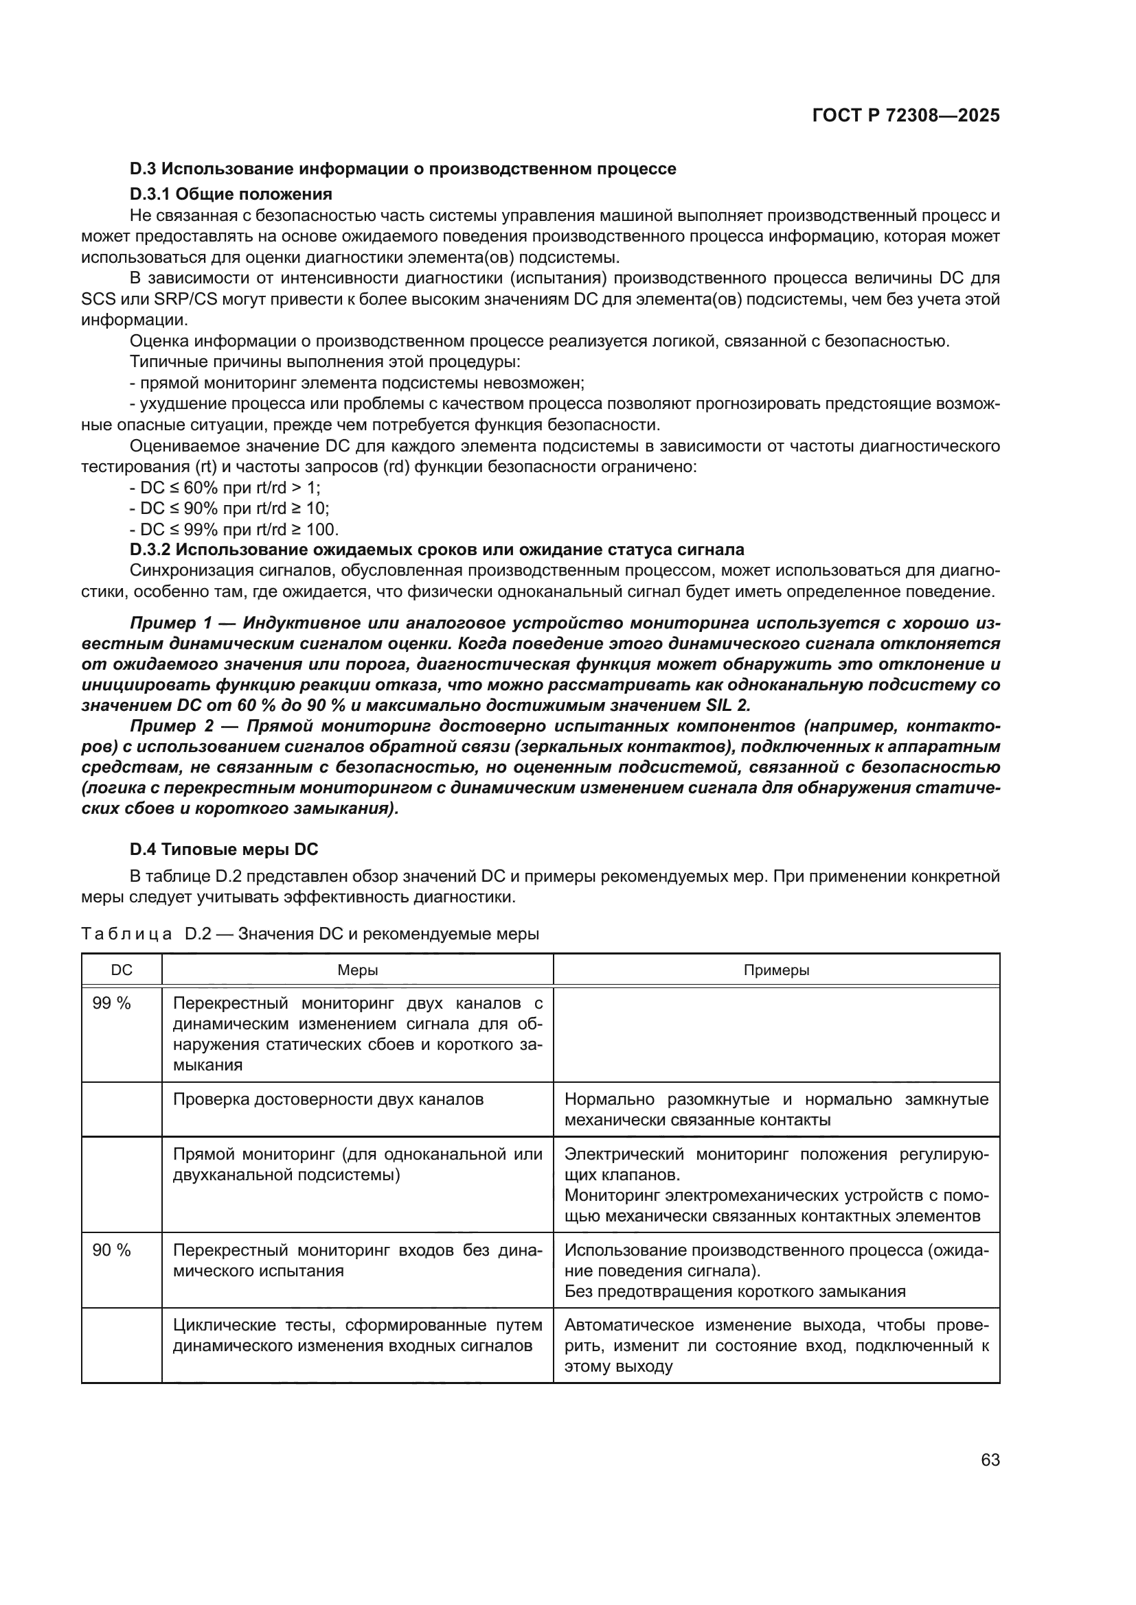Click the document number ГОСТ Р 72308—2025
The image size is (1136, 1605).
(905, 116)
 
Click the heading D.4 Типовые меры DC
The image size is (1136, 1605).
(223, 850)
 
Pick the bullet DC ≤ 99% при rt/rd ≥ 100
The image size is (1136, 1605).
(234, 529)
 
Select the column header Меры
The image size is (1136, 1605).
(357, 970)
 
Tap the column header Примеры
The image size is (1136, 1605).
(777, 970)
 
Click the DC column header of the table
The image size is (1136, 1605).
(122, 970)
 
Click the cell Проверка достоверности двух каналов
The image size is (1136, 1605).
(328, 1099)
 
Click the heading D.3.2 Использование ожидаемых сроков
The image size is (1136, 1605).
(437, 550)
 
